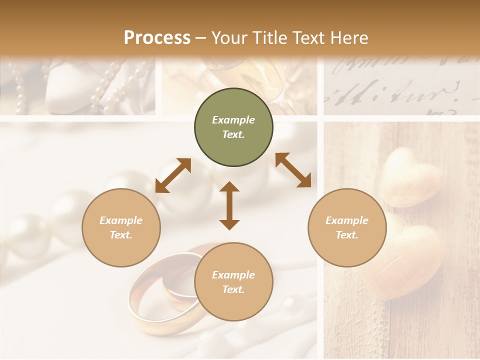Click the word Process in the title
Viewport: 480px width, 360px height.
[157, 37]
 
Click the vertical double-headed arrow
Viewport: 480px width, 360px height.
[229, 205]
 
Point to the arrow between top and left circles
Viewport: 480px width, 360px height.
[173, 175]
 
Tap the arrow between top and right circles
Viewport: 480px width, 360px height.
[293, 170]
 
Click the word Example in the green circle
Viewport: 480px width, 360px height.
[233, 120]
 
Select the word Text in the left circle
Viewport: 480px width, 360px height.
[120, 235]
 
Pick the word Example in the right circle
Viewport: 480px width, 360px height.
[347, 220]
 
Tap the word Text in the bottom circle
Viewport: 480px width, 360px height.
[233, 289]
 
